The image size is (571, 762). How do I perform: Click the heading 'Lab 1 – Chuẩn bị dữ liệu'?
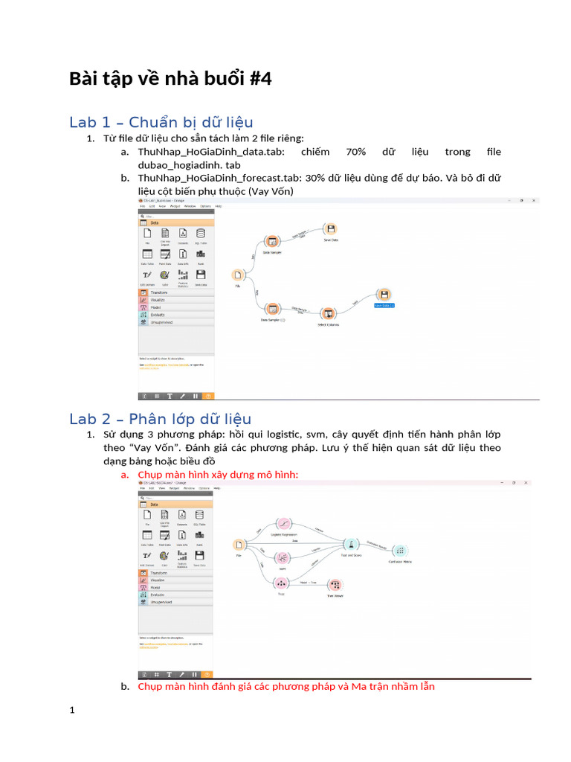[161, 122]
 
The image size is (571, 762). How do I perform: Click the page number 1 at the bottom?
[72, 711]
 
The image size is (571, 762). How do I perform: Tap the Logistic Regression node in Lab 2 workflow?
[283, 525]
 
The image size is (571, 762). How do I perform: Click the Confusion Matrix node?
[401, 551]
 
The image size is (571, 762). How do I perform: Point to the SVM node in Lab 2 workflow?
[282, 559]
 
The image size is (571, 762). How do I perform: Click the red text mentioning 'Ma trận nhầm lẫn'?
[286, 686]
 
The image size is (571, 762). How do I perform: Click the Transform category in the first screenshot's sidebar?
[160, 292]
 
